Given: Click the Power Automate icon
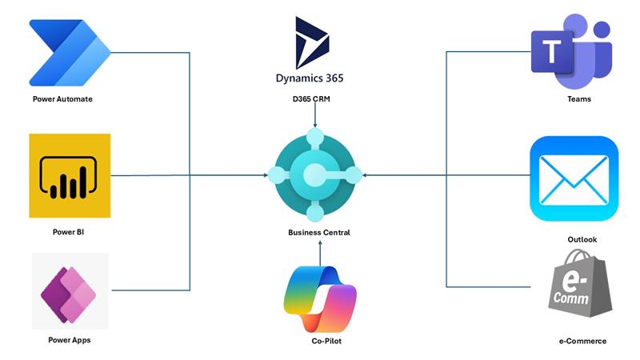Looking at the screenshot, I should coord(69,52).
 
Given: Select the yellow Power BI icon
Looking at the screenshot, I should coord(69,175).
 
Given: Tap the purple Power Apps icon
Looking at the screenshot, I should coord(70,290).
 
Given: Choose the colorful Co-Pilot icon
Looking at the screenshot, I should coord(319,299).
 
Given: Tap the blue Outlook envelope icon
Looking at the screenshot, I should coord(574,178).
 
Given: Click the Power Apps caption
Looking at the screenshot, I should coord(69,340).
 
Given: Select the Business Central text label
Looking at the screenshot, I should coord(318,233).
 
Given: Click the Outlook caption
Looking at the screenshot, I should coord(581,239).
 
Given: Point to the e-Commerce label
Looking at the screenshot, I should coord(582,342).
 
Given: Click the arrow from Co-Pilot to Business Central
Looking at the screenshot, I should coord(319,254).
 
